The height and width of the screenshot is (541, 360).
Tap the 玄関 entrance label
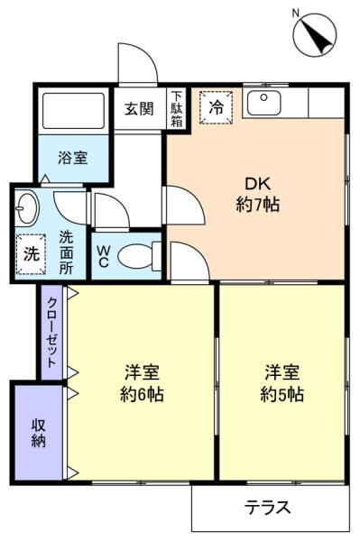139,109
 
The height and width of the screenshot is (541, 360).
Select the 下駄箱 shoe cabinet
176,109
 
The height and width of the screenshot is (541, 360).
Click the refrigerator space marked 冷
217,107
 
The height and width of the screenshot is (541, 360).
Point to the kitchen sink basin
264,103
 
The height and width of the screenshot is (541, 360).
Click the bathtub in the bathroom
73,111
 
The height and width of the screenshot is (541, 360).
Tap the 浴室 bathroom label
72,158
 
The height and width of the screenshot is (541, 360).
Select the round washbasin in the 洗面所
27,209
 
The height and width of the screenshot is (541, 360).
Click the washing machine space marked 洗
31,254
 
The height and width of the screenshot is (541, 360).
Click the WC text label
103,256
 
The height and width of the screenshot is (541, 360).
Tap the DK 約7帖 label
258,194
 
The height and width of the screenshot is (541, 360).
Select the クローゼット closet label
51,332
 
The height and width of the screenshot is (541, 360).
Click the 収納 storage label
38,434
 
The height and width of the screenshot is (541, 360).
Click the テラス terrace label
267,508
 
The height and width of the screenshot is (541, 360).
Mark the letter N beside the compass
295,14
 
